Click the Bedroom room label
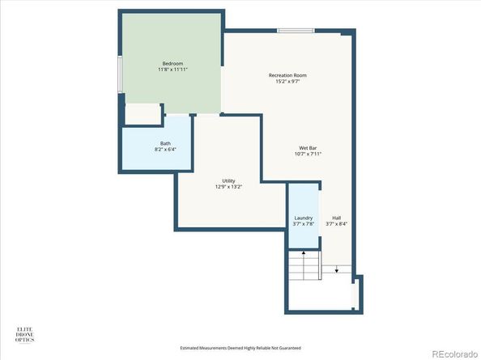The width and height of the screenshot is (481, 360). pyautogui.click(x=172, y=63)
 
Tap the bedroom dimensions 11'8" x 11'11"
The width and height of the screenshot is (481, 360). pyautogui.click(x=172, y=70)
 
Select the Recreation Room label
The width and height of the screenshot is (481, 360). pyautogui.click(x=287, y=75)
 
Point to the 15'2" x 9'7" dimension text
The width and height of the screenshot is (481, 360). pyautogui.click(x=287, y=82)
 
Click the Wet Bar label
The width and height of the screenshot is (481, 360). pyautogui.click(x=308, y=148)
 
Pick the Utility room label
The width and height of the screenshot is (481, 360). pyautogui.click(x=229, y=180)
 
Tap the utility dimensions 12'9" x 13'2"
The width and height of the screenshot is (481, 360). pyautogui.click(x=229, y=187)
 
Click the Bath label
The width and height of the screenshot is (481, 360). pyautogui.click(x=165, y=143)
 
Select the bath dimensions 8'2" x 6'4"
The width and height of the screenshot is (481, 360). pyautogui.click(x=165, y=150)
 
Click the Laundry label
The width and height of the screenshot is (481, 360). pyautogui.click(x=304, y=217)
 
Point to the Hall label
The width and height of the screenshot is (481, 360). pyautogui.click(x=336, y=217)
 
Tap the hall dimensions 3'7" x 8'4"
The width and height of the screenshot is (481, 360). pyautogui.click(x=336, y=223)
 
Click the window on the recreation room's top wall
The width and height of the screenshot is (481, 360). pyautogui.click(x=296, y=31)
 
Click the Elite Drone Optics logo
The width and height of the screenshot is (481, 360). pyautogui.click(x=26, y=334)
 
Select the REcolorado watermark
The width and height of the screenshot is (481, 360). pyautogui.click(x=453, y=353)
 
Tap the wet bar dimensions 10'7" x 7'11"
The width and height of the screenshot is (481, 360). pyautogui.click(x=308, y=155)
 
